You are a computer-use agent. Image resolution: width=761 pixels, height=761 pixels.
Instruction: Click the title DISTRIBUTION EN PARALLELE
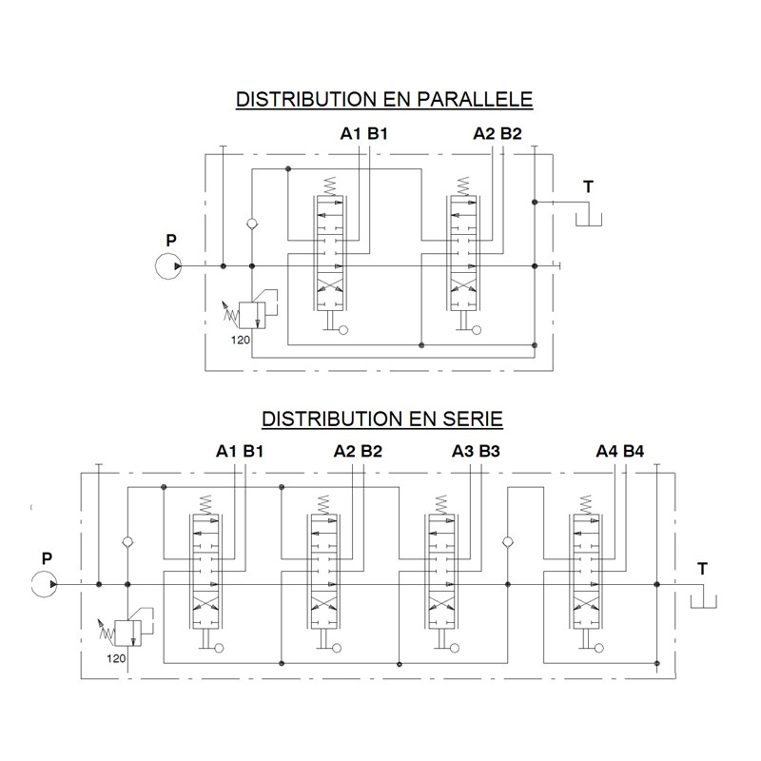click(384, 99)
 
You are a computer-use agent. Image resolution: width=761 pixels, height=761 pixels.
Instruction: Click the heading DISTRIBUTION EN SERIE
click(382, 419)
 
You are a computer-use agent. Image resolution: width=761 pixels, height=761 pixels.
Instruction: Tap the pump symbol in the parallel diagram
click(168, 266)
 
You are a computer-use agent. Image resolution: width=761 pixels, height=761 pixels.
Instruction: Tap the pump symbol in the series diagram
click(44, 584)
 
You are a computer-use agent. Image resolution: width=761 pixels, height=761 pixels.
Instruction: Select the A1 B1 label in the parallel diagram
click(364, 133)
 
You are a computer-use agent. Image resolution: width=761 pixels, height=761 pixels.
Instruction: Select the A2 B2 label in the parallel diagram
click(497, 133)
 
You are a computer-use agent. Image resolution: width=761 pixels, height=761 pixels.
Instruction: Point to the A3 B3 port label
click(476, 451)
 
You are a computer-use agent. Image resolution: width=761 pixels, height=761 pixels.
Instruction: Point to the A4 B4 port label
click(620, 451)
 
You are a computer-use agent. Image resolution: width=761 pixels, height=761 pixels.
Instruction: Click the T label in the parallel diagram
click(588, 186)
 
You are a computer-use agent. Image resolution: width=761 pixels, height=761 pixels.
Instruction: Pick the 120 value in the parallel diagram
click(241, 340)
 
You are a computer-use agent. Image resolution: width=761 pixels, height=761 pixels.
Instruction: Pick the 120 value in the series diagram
click(116, 658)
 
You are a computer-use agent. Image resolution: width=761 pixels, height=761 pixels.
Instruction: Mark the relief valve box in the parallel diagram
click(252, 316)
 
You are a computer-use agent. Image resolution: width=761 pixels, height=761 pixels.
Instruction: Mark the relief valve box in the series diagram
click(128, 634)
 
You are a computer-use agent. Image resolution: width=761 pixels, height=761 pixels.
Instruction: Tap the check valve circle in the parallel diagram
click(252, 224)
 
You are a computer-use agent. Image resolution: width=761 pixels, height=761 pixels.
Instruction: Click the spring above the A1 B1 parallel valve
click(329, 186)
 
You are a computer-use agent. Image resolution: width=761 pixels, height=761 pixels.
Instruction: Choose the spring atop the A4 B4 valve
click(586, 505)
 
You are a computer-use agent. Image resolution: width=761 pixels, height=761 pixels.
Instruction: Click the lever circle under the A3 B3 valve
click(455, 648)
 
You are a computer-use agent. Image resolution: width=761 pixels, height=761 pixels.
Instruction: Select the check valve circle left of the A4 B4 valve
click(508, 541)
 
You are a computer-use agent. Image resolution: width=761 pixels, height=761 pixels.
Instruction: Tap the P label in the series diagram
click(47, 558)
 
